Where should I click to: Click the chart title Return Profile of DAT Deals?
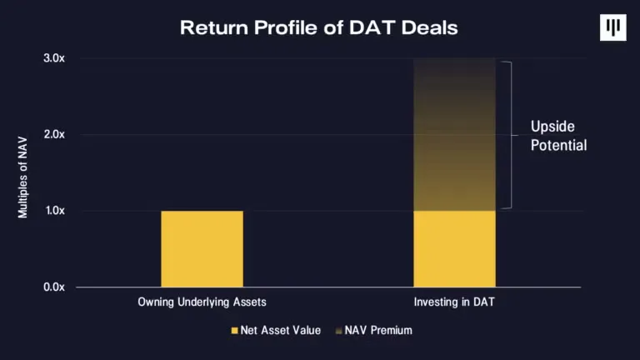[x=319, y=27]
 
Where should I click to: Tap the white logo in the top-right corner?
[x=613, y=27]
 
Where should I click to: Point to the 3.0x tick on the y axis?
[x=55, y=58]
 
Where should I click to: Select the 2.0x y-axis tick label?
[x=55, y=134]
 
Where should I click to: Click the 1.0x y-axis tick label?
[x=55, y=211]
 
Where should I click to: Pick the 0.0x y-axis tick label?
[x=55, y=287]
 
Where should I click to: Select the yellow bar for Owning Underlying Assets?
[x=202, y=248]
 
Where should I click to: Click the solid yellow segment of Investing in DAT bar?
[x=454, y=248]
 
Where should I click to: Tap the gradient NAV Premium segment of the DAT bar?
[x=454, y=133]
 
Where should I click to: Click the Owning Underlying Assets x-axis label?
[x=202, y=301]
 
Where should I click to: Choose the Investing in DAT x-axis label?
[x=454, y=301]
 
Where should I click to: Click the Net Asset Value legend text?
[x=282, y=330]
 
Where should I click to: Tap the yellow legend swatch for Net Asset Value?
[x=234, y=331]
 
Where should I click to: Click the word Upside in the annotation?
[x=552, y=127]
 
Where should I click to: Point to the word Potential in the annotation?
[x=559, y=145]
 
